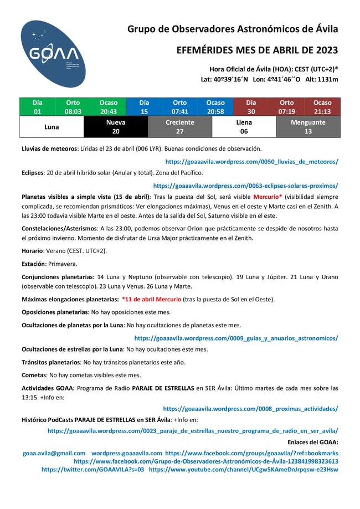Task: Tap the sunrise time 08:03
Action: pyautogui.click(x=73, y=111)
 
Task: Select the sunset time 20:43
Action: pyautogui.click(x=109, y=111)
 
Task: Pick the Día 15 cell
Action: pyautogui.click(x=144, y=107)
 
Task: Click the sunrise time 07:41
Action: pyautogui.click(x=179, y=111)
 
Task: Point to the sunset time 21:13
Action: pyautogui.click(x=322, y=111)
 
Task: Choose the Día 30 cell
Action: pyautogui.click(x=251, y=107)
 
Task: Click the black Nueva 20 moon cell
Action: pyautogui.click(x=116, y=127)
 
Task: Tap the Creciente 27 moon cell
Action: pyautogui.click(x=180, y=127)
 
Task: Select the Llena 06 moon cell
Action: pyautogui.click(x=244, y=127)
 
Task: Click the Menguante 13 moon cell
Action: pyautogui.click(x=308, y=127)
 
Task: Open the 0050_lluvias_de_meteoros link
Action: pyautogui.click(x=251, y=162)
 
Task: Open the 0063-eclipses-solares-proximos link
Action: pyautogui.click(x=245, y=186)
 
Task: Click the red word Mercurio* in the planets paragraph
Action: pyautogui.click(x=268, y=197)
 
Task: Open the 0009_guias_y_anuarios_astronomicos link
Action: pyautogui.click(x=236, y=337)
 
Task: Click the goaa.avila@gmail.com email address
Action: pyautogui.click(x=54, y=453)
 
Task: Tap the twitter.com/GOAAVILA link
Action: pyautogui.click(x=92, y=469)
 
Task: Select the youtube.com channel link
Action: pyautogui.click(x=244, y=469)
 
